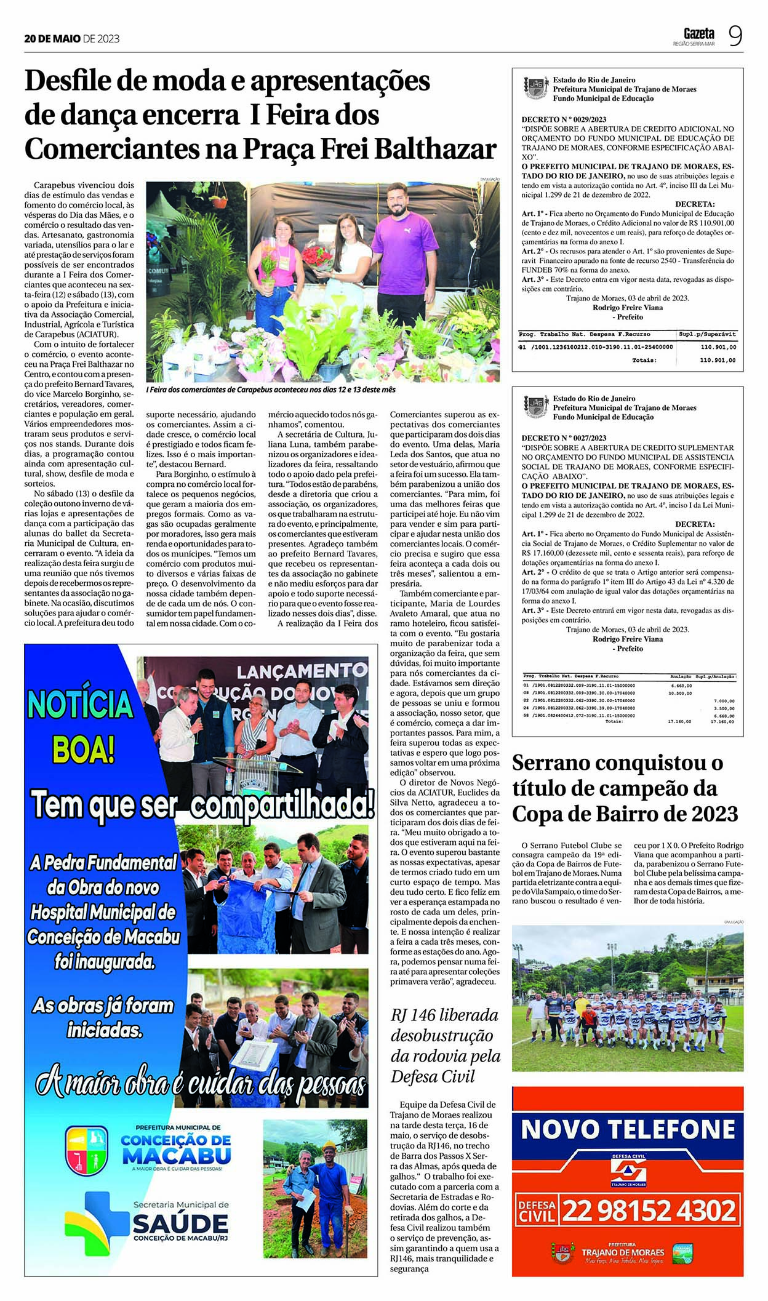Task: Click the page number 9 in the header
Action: click(735, 36)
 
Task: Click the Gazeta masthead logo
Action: click(698, 33)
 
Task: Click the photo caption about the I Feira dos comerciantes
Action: click(270, 390)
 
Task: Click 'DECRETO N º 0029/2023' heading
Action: click(564, 119)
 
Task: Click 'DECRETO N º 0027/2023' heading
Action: click(564, 438)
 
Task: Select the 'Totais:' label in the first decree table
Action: click(644, 360)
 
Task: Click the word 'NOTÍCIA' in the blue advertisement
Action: click(81, 704)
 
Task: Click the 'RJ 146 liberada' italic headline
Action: click(444, 1015)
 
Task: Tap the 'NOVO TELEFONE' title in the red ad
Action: click(628, 1129)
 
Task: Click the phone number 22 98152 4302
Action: click(649, 1211)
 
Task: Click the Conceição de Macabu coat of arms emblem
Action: click(86, 1149)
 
